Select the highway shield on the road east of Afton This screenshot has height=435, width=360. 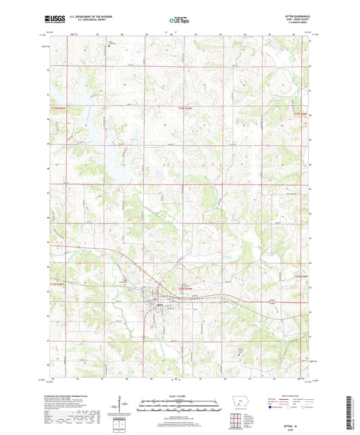[272, 299]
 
